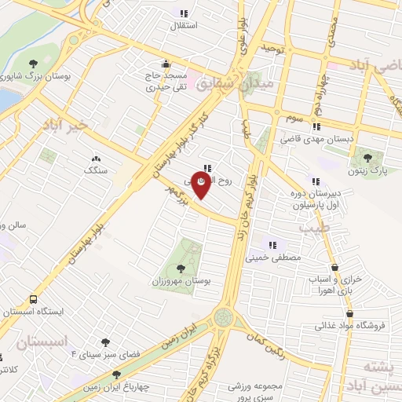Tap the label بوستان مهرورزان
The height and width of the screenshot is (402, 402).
[x=181, y=281]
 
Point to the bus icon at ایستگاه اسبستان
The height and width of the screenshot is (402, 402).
[x=33, y=299]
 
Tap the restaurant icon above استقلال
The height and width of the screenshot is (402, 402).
[x=184, y=13]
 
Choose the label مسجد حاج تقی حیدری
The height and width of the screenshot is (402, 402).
[x=166, y=82]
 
